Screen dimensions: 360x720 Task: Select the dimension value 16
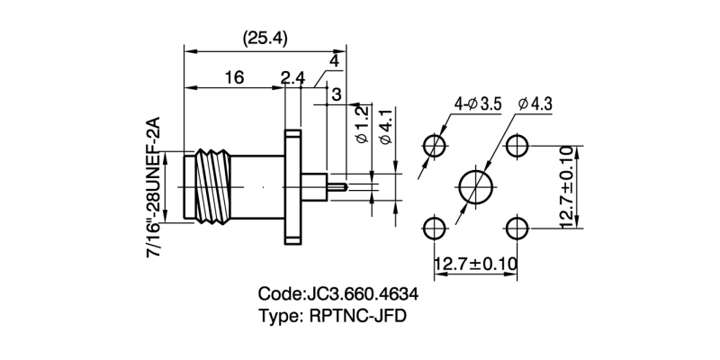click(233, 78)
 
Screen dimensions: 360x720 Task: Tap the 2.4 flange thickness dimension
click(292, 78)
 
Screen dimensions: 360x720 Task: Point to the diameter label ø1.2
click(361, 125)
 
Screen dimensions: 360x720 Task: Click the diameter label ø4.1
click(386, 126)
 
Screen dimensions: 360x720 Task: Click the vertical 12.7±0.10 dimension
click(567, 187)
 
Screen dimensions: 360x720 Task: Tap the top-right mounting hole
click(517, 146)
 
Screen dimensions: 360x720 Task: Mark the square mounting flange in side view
click(292, 186)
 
